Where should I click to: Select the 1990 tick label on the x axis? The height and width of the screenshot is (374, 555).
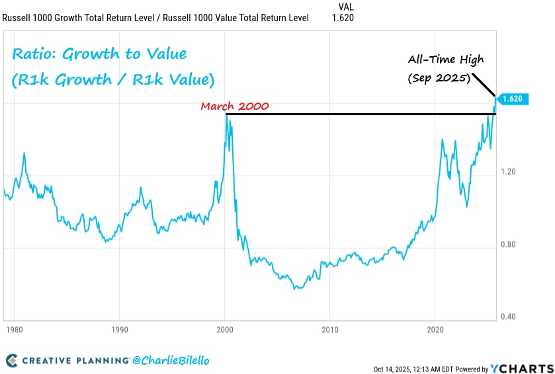coord(119,328)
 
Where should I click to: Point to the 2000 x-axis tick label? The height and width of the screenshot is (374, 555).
coord(225,328)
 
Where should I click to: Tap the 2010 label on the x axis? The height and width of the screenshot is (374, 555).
coord(330,328)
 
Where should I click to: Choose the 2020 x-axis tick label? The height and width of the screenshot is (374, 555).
coord(435,328)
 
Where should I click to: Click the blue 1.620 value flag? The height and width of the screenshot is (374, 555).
coord(512,99)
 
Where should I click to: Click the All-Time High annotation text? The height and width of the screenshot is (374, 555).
coord(445,60)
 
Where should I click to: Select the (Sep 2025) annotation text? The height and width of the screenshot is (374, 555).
coord(439,78)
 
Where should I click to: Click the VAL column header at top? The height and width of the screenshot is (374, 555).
coord(345,7)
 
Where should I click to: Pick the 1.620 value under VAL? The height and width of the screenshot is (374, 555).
coord(343,18)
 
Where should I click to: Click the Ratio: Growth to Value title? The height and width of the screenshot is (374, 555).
coord(99,54)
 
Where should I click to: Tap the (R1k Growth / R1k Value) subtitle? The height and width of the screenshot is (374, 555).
coord(112,80)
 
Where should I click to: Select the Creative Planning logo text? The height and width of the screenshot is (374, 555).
coord(76,361)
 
